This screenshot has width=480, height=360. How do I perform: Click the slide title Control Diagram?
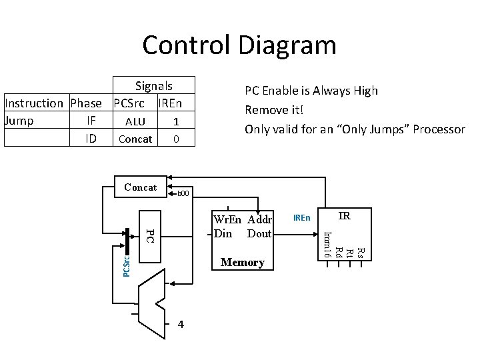239,45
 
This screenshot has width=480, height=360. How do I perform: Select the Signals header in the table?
153,86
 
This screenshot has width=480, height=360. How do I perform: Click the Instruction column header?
33,103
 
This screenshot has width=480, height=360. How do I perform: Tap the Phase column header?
86,103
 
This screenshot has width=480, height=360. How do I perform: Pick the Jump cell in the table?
19,121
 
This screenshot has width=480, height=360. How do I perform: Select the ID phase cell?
93,139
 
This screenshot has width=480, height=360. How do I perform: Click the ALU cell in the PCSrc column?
135,122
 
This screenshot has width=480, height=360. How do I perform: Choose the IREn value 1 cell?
175,122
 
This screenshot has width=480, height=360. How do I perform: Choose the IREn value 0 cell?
175,139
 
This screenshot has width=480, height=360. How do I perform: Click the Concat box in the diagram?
140,187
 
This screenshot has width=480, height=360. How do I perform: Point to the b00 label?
183,194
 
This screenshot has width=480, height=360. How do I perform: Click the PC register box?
150,236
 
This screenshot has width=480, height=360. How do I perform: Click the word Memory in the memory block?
243,263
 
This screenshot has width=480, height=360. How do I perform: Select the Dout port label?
259,233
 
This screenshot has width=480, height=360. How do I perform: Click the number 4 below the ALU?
181,325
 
